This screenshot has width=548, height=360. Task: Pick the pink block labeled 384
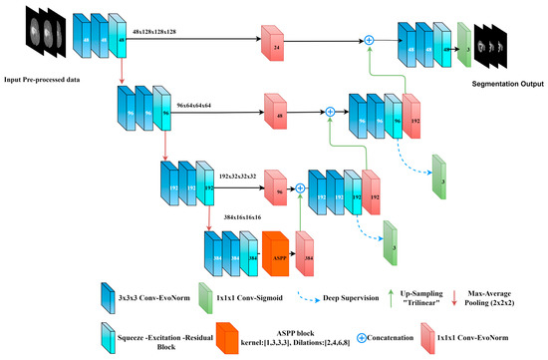(x=307, y=255)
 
